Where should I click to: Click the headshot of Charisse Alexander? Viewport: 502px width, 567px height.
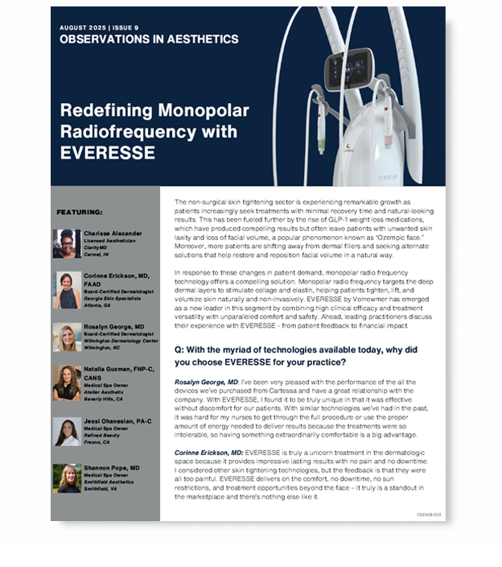[x=67, y=243]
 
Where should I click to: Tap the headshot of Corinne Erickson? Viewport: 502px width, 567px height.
[x=67, y=290]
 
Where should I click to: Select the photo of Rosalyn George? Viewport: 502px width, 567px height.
[x=67, y=337]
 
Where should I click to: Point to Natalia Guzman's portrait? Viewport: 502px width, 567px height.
[x=67, y=383]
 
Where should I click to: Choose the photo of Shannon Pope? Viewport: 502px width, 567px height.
[x=67, y=478]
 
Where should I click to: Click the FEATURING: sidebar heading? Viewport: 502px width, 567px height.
[x=77, y=212]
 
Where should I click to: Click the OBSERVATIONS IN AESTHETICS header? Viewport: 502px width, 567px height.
[x=149, y=39]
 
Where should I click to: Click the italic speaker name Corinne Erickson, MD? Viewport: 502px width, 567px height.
[x=208, y=453]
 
